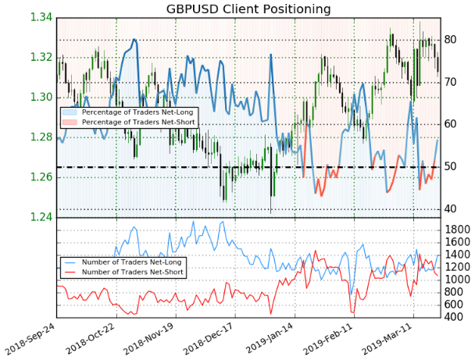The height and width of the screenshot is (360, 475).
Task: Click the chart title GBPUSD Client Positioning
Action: coord(248,9)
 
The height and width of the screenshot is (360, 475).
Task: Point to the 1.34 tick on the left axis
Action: coord(41,17)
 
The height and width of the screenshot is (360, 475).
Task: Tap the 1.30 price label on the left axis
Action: coord(41,97)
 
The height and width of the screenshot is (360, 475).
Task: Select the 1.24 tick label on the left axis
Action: coord(41,217)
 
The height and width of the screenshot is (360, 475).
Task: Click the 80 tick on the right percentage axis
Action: coord(450,40)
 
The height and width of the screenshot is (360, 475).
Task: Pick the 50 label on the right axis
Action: coord(450,166)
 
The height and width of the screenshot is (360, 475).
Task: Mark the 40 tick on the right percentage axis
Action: coord(450,209)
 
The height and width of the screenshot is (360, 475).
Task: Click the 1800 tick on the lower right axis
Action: coord(457,230)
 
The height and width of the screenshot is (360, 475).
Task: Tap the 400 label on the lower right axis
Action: coord(453,317)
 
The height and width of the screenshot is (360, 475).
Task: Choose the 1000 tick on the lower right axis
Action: coord(457,279)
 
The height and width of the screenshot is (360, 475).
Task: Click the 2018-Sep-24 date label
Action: coord(30,339)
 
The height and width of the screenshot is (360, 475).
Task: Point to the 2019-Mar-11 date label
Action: coord(387,339)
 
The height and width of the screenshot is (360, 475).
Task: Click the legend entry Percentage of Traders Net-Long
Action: coord(137,112)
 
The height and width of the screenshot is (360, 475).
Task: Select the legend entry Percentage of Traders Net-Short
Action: coord(138,122)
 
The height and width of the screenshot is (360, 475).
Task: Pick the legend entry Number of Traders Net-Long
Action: coord(131,262)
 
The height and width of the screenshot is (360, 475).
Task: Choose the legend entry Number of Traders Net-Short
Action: coord(132,272)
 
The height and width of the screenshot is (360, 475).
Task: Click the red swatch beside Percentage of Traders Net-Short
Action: coord(70,122)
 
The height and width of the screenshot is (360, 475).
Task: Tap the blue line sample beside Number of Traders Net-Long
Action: coord(70,262)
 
